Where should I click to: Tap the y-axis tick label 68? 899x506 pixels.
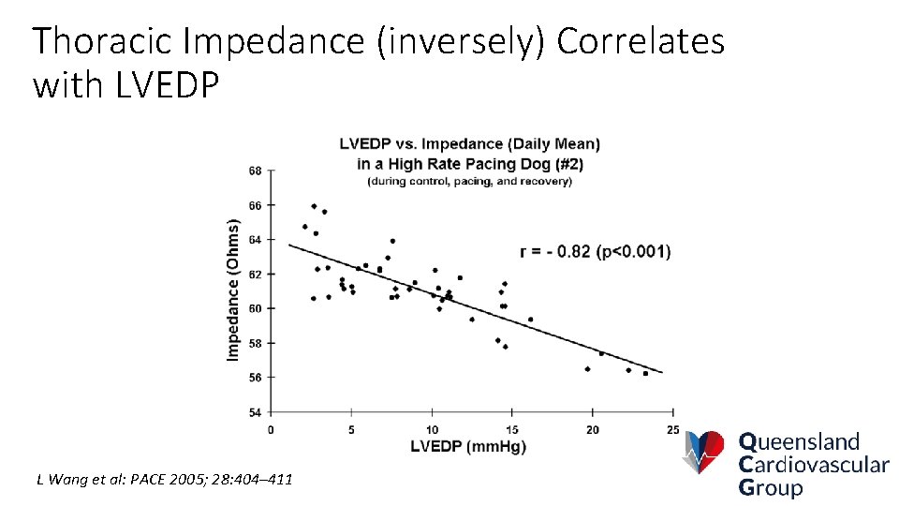pyautogui.click(x=255, y=171)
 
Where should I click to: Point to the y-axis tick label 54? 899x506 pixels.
pyautogui.click(x=255, y=412)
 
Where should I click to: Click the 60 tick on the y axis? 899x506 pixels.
pyautogui.click(x=255, y=308)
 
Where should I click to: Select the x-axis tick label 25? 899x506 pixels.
pyautogui.click(x=672, y=429)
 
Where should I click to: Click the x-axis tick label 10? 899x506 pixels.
pyautogui.click(x=432, y=429)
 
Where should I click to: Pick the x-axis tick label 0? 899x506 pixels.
pyautogui.click(x=271, y=429)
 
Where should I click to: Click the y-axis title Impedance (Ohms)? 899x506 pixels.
pyautogui.click(x=233, y=290)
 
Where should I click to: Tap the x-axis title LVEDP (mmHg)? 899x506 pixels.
pyautogui.click(x=468, y=447)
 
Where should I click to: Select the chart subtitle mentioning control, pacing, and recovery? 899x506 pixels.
pyautogui.click(x=469, y=181)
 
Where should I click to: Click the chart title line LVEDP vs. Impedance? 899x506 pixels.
pyautogui.click(x=469, y=143)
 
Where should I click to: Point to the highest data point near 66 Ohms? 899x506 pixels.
pyautogui.click(x=314, y=206)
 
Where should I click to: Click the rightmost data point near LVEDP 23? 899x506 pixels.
pyautogui.click(x=645, y=373)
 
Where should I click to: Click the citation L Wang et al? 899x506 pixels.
pyautogui.click(x=164, y=480)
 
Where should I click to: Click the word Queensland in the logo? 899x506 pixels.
pyautogui.click(x=799, y=442)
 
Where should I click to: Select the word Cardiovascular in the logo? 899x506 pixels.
pyautogui.click(x=813, y=465)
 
